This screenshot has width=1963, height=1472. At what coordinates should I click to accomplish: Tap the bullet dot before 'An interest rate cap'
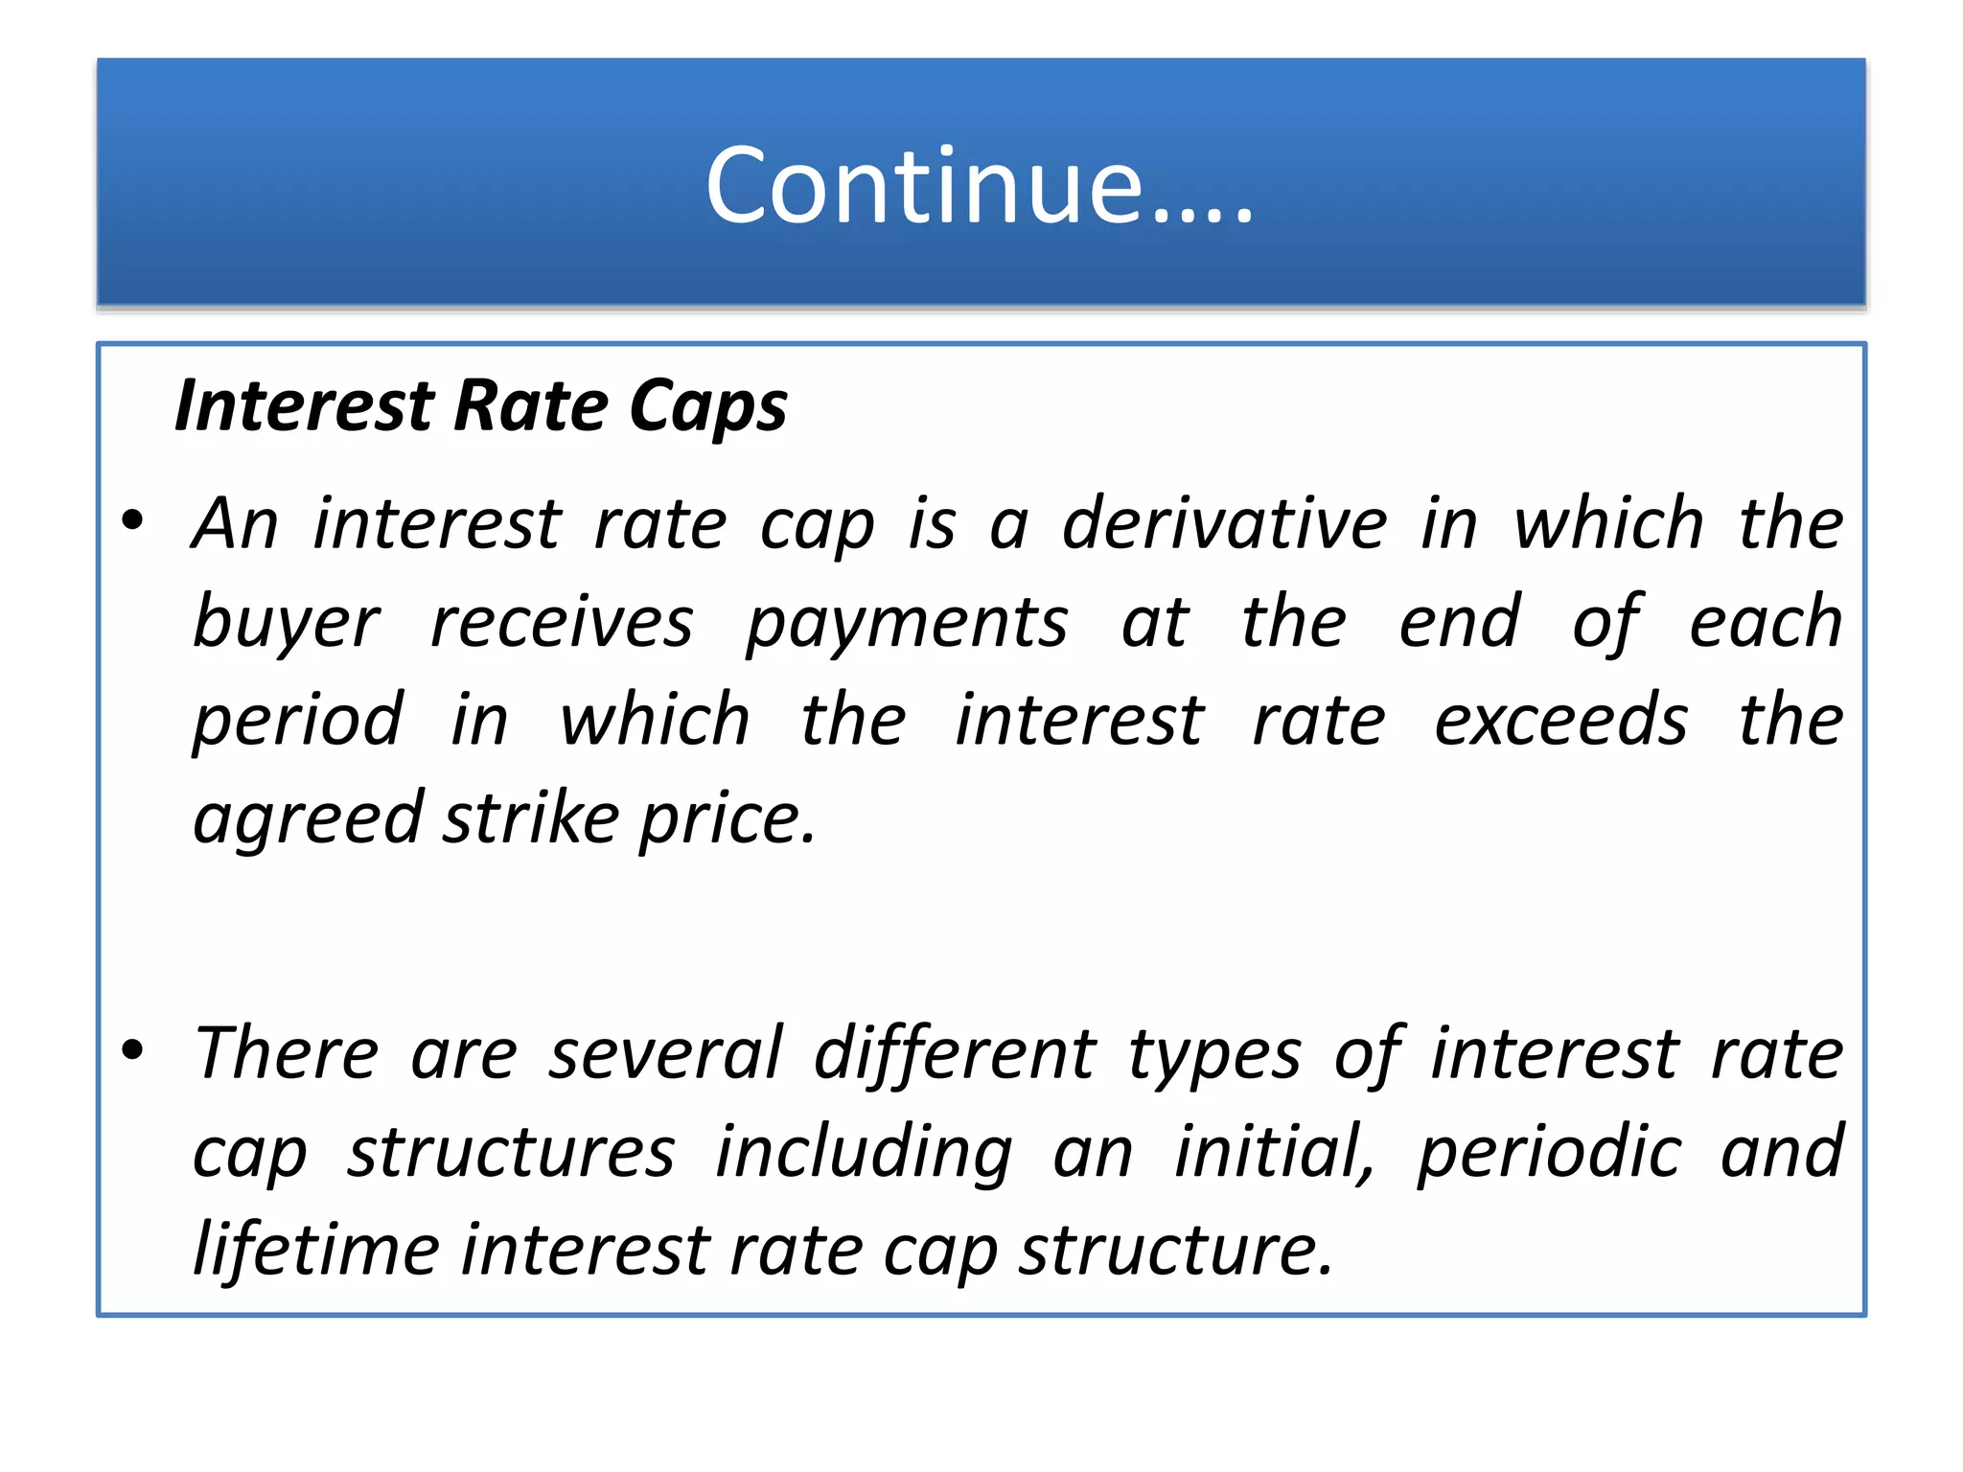(132, 521)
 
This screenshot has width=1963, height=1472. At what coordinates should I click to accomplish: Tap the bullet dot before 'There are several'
(132, 1049)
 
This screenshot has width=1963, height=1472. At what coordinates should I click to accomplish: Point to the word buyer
(286, 623)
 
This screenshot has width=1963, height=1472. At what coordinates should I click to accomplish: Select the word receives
(561, 623)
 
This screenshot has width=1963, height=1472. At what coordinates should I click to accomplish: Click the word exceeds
(1560, 721)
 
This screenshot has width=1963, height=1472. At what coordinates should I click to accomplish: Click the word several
(665, 1053)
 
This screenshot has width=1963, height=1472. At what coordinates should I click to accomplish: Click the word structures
(511, 1152)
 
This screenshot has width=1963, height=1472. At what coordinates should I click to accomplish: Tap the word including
(864, 1153)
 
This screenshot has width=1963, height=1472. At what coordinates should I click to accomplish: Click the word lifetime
(316, 1250)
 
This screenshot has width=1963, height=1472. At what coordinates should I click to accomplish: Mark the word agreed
(307, 820)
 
